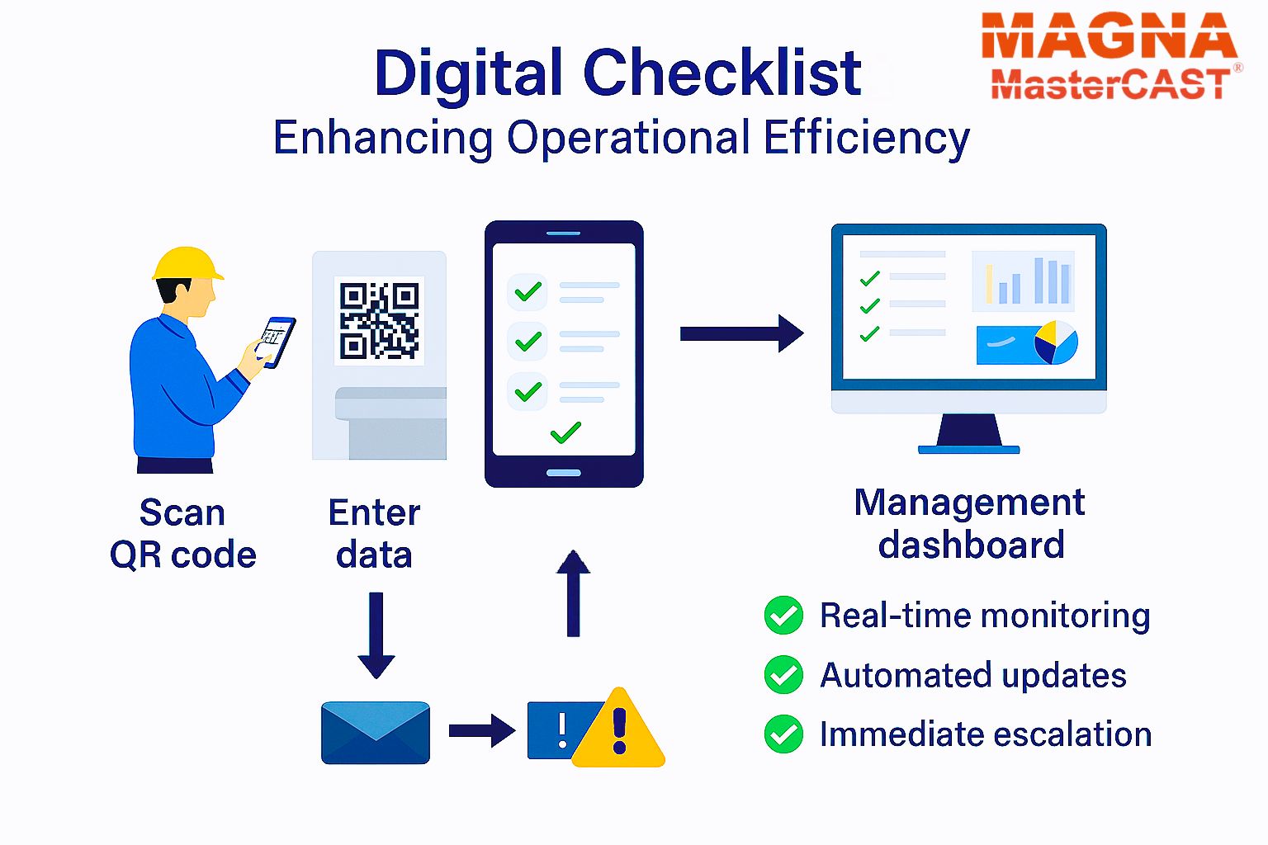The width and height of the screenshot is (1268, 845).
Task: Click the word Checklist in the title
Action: pos(722,73)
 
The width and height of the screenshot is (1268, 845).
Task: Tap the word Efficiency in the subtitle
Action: pos(866,139)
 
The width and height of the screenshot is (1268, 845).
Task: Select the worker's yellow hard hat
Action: pos(187,264)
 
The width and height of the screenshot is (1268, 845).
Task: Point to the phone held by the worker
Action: pos(277,342)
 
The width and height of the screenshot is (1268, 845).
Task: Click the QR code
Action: pos(379,320)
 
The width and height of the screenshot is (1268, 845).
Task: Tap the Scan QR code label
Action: pos(182,533)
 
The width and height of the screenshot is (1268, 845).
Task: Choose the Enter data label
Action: pos(374,533)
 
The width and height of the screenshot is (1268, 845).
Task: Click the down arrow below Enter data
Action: pos(376,635)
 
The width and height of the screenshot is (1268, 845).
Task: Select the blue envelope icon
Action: pos(376,733)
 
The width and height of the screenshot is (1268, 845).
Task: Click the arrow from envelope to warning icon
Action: pos(482,730)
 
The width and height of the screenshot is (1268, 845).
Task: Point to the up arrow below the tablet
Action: pos(574,593)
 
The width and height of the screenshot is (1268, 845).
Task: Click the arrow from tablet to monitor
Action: pos(741,333)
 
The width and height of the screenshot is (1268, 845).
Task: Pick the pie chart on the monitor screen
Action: pos(1056,342)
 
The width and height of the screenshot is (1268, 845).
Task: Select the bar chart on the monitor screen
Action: pos(1023,281)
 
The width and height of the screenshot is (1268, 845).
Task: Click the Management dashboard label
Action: pos(970,523)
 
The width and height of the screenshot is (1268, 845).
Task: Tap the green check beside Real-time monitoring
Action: pos(783,616)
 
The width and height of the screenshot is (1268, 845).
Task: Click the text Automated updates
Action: pos(973,676)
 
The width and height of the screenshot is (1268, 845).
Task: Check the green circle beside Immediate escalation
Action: pos(783,734)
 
